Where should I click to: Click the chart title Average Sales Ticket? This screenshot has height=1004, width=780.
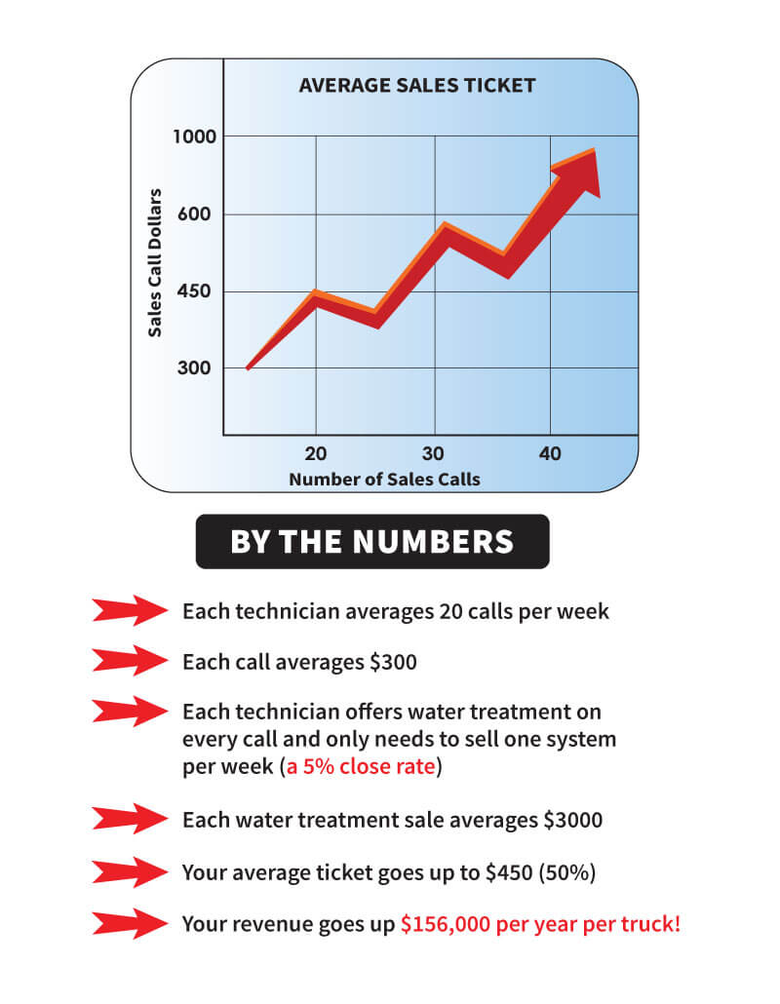417,85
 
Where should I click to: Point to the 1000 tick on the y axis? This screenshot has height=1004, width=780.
194,136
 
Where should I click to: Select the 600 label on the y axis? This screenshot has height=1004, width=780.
194,213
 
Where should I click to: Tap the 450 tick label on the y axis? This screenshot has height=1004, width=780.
194,291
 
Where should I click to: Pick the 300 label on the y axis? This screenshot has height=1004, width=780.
194,368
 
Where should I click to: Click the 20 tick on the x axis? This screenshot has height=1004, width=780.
316,453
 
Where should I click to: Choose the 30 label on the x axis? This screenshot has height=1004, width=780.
433,453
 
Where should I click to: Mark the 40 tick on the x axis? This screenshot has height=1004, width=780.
550,453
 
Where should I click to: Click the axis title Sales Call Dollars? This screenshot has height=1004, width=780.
155,262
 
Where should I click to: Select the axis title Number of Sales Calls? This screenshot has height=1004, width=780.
384,479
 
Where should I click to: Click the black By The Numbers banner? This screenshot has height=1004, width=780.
372,541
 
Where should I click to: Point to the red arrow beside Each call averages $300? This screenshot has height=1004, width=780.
130,661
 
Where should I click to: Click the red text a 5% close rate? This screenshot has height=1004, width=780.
361,766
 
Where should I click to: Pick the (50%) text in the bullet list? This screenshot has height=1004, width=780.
567,872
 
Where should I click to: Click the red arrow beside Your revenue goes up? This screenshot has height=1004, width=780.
130,924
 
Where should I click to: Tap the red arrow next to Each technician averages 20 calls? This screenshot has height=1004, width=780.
130,610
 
